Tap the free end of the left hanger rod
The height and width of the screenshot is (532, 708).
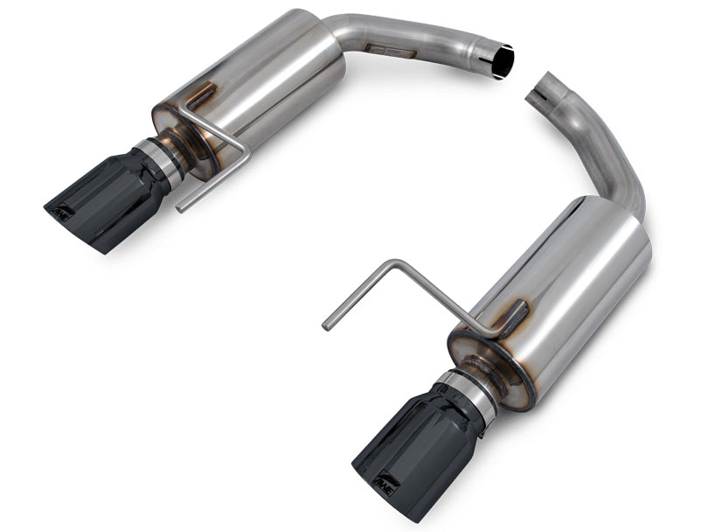(x=180, y=208)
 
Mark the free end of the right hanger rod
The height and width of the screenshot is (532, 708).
(x=326, y=325)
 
